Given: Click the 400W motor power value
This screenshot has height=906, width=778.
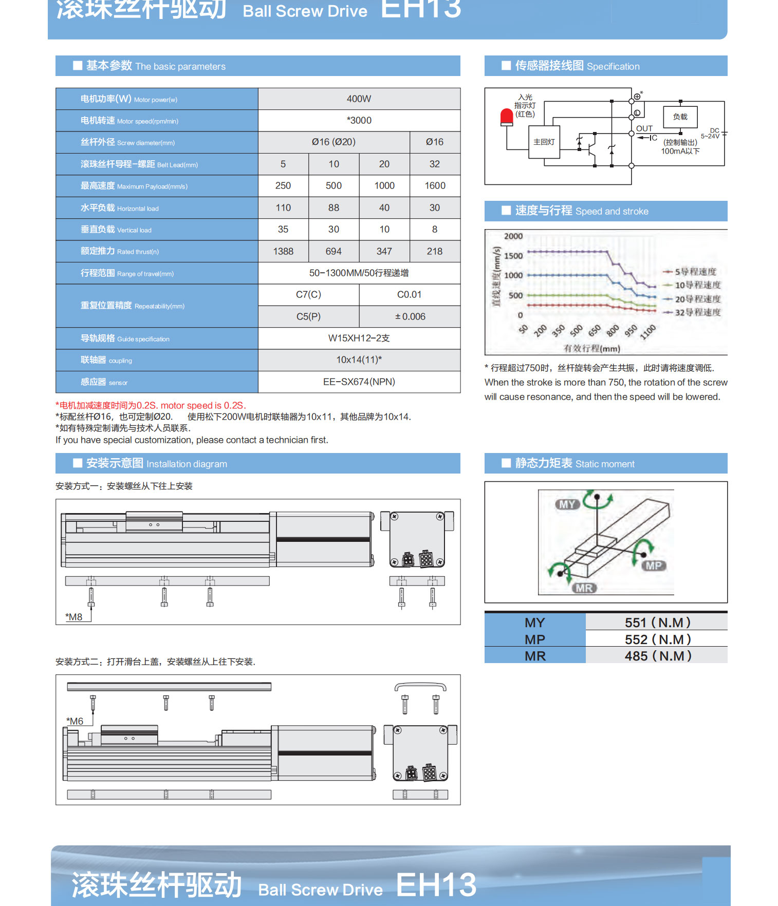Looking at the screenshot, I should pos(359,99).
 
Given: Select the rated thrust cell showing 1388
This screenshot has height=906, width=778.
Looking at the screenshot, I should pos(283,251).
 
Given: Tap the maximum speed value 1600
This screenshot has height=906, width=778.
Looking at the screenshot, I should pos(435,185).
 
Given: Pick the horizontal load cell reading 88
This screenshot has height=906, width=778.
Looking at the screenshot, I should pos(334,207).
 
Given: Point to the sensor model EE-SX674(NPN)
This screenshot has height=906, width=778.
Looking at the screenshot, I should pos(359,382).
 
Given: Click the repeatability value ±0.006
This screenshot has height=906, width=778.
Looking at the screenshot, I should pos(410,316).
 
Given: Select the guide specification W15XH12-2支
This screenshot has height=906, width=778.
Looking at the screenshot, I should pos(359,338).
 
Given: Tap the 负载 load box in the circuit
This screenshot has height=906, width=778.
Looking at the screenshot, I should pos(680,117).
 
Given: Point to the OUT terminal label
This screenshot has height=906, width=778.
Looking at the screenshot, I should pos(644,128).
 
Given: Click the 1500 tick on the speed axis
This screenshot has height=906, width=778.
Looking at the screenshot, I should pos(513,256).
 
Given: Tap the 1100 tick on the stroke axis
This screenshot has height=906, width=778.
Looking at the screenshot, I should pos(648,331).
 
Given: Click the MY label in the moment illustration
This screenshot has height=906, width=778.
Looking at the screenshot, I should pos(567,504).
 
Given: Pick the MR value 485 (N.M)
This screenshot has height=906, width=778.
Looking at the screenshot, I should pos(658,656).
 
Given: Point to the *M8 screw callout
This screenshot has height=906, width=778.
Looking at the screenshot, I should pos(74,617).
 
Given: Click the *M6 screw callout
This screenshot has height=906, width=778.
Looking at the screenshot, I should pos(75,721).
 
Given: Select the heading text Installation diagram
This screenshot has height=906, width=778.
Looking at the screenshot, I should pos(187,464).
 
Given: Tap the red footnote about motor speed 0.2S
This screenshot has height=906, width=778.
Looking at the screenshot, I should pos(151,405).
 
